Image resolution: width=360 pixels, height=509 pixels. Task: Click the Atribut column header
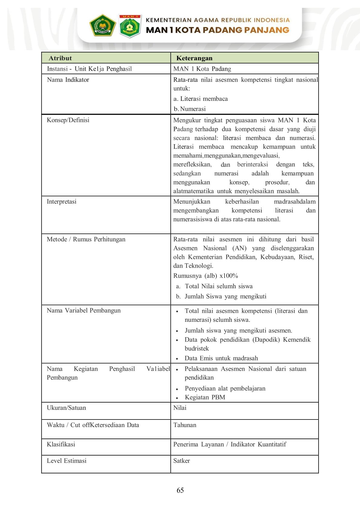pyautogui.click(x=60, y=58)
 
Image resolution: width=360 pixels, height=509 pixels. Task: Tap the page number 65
pyautogui.click(x=180, y=490)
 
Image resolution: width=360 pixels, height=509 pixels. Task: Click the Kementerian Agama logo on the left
pyautogui.click(x=102, y=25)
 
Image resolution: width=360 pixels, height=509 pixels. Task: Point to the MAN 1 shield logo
pyautogui.click(x=130, y=26)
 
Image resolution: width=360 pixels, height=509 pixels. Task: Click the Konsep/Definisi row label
pyautogui.click(x=68, y=120)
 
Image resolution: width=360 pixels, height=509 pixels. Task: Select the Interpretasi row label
pyautogui.click(x=61, y=201)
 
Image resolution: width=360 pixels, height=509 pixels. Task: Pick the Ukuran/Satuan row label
pyautogui.click(x=66, y=408)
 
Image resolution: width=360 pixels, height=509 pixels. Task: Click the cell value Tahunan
pyautogui.click(x=185, y=425)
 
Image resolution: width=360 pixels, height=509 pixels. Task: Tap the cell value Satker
pyautogui.click(x=182, y=461)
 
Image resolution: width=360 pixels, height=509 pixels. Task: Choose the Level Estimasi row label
pyautogui.click(x=67, y=461)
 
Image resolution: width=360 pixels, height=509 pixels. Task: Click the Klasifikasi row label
pyautogui.click(x=61, y=444)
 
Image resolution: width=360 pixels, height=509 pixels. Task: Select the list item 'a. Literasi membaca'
pyautogui.click(x=201, y=99)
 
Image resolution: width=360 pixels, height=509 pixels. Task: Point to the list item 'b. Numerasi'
pyautogui.click(x=190, y=109)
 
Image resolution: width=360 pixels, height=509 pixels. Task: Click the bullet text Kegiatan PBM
pyautogui.click(x=205, y=397)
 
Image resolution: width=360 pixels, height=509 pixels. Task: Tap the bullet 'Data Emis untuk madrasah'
pyautogui.click(x=221, y=358)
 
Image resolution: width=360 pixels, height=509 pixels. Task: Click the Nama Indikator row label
pyautogui.click(x=68, y=80)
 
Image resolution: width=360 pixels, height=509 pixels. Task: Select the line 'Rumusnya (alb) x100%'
pyautogui.click(x=205, y=276)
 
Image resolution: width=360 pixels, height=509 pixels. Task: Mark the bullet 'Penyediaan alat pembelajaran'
pyautogui.click(x=225, y=388)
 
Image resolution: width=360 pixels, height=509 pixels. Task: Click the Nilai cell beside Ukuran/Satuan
pyautogui.click(x=180, y=408)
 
